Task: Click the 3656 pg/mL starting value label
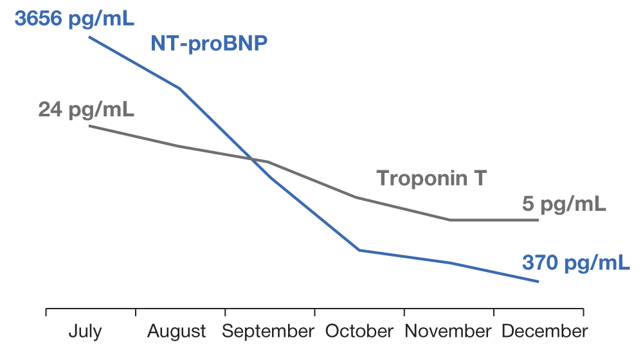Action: (x=74, y=19)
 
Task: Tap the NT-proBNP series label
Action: (x=209, y=44)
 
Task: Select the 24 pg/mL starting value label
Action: (x=86, y=109)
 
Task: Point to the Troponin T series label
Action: (x=431, y=178)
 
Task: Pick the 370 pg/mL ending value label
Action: (x=575, y=263)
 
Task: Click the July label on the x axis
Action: (x=85, y=332)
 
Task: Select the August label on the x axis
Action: (x=177, y=332)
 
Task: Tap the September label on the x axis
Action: (x=268, y=332)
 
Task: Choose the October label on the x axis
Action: (x=359, y=332)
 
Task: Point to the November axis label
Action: (x=448, y=332)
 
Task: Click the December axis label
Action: (x=545, y=332)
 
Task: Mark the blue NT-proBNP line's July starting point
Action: (x=89, y=37)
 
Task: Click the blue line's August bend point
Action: (x=179, y=88)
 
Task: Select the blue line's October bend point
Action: (x=359, y=249)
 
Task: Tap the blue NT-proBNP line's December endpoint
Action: (x=538, y=282)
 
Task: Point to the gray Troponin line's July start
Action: (x=89, y=126)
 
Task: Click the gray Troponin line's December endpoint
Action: (x=538, y=220)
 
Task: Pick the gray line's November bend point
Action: (x=449, y=220)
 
